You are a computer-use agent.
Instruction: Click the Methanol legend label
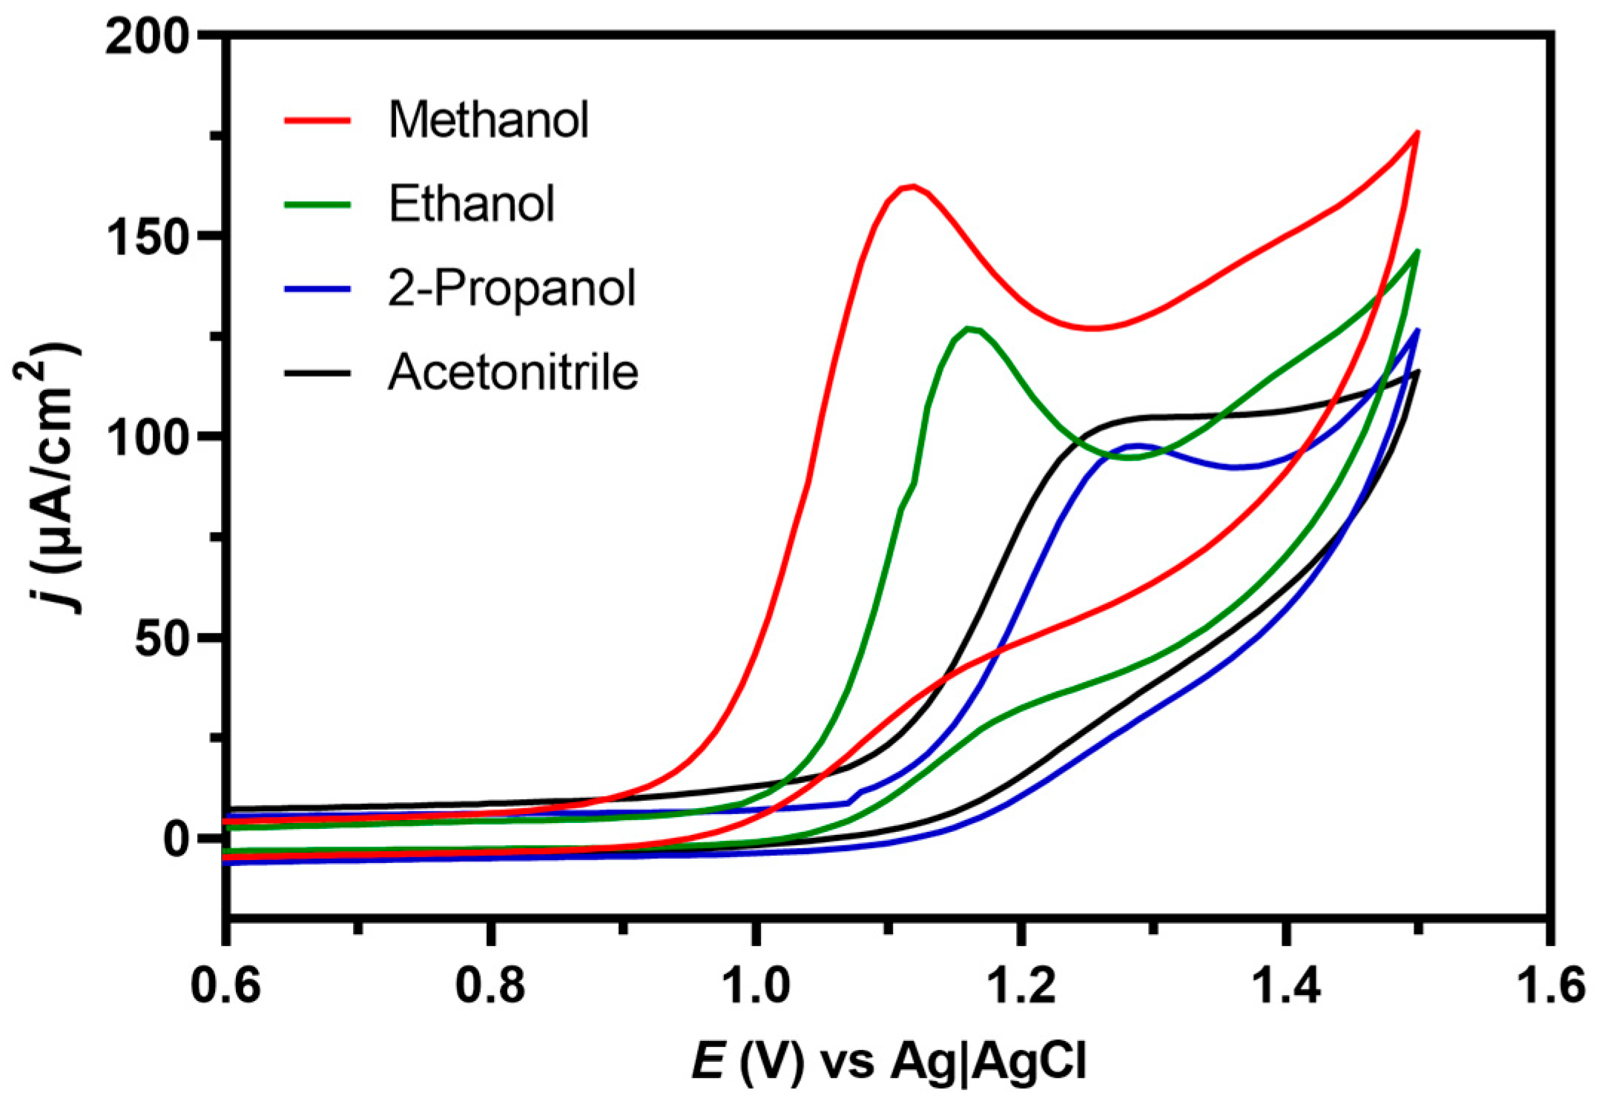(488, 119)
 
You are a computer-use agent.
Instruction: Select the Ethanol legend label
(472, 203)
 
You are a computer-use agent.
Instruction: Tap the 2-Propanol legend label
(512, 288)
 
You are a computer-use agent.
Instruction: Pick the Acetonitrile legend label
(513, 371)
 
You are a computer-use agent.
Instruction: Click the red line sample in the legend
(317, 119)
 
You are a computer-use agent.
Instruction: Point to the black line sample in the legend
(317, 371)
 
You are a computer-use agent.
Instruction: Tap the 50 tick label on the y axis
(161, 637)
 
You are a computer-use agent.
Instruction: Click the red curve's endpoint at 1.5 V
(1417, 132)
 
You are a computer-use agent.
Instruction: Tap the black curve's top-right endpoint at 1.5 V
(1417, 371)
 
